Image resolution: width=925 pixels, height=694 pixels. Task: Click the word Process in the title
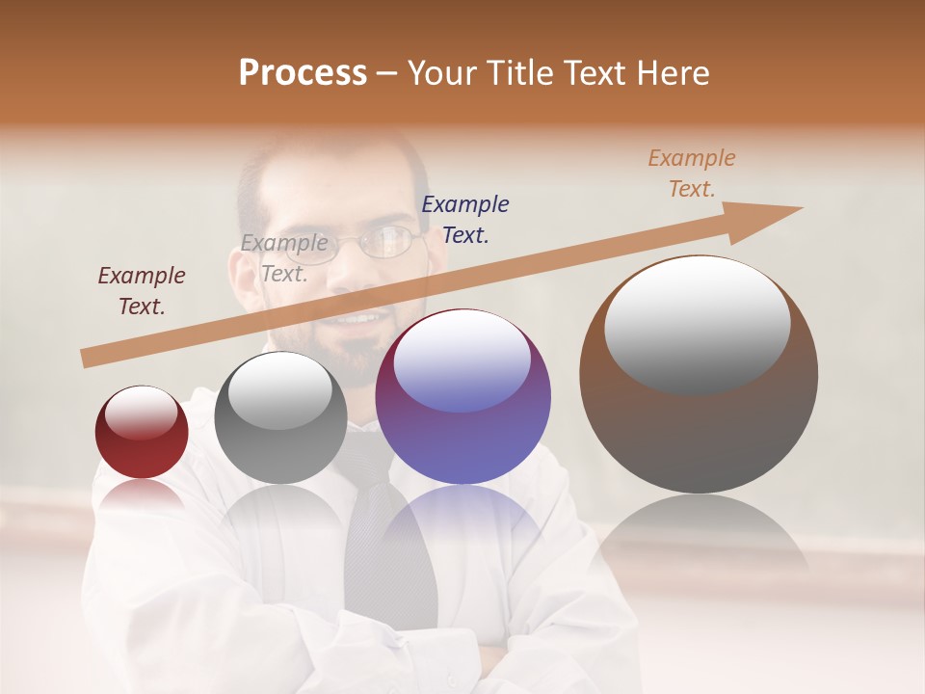point(303,73)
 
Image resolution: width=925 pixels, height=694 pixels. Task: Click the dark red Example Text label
point(142,291)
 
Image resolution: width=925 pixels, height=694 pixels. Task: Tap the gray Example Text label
point(284,258)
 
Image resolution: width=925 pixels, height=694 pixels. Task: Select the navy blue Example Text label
point(465,219)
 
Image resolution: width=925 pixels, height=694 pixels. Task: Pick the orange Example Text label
point(692,173)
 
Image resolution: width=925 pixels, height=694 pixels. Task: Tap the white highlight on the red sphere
point(142,413)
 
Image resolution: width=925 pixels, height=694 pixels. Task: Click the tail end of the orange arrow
point(87,359)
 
